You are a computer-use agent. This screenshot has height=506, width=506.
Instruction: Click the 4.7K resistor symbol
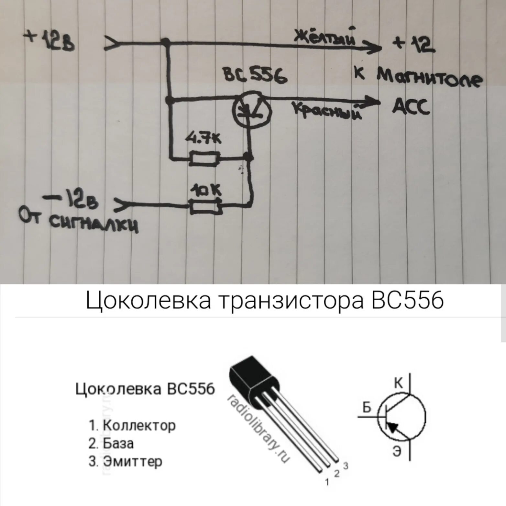[205, 159]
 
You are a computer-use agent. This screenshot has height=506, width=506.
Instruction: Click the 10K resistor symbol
[206, 206]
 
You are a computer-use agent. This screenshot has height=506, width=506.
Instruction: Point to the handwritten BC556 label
[255, 77]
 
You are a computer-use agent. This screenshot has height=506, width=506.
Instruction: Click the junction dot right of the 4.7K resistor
[249, 158]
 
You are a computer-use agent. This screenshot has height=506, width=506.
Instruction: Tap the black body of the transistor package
[252, 375]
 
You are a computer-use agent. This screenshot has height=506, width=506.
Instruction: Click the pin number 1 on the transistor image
[327, 482]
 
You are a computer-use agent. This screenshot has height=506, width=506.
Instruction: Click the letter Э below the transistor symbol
[397, 451]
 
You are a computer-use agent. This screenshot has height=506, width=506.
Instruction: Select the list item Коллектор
[139, 425]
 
